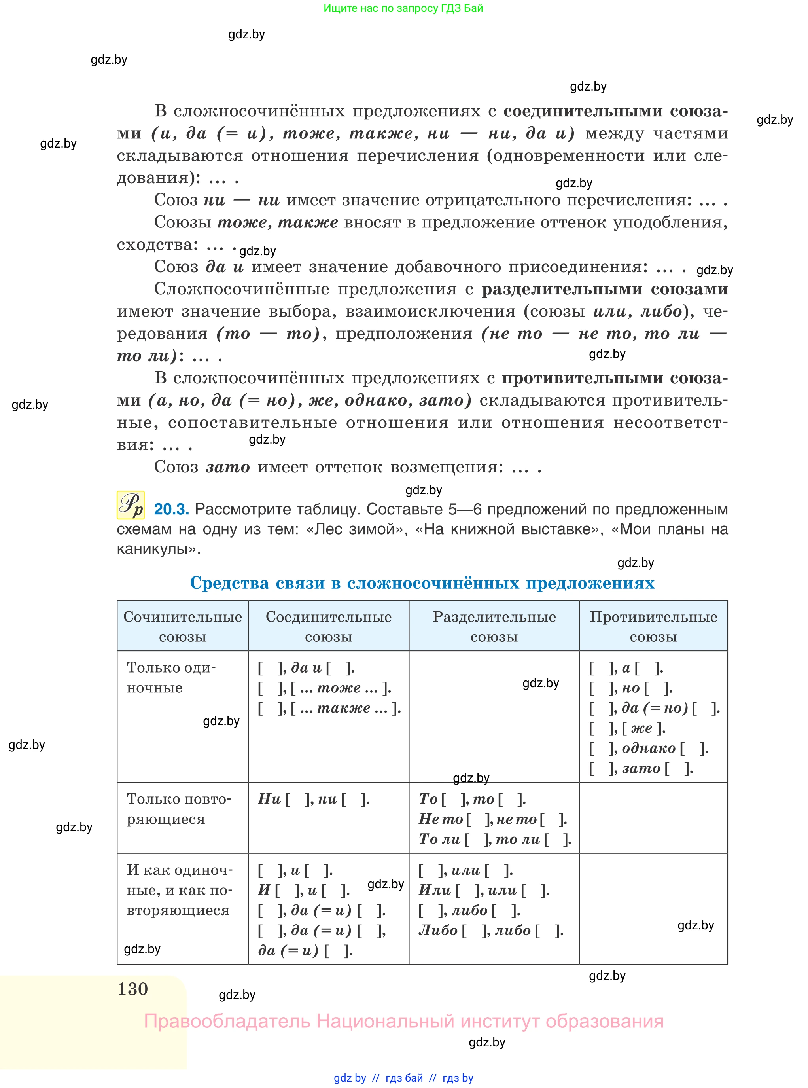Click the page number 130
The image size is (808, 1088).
132,989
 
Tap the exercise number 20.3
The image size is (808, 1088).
171,509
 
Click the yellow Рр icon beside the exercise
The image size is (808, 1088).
131,505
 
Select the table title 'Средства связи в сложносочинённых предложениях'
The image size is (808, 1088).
422,583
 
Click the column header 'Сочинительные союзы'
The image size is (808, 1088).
182,626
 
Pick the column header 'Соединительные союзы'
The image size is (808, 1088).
328,626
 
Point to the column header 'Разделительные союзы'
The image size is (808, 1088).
494,626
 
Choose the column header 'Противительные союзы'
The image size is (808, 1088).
653,626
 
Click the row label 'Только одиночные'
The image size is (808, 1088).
171,678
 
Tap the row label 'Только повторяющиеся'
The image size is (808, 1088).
178,809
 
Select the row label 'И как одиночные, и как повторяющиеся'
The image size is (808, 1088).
179,890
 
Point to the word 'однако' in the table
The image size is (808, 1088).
649,749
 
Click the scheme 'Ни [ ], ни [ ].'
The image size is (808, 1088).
314,799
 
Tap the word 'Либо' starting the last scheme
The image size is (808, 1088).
438,931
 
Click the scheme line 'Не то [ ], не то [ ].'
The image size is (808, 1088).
492,819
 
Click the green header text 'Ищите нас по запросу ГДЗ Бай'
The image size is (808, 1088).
403,8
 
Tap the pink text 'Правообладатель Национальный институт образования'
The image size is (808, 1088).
403,1022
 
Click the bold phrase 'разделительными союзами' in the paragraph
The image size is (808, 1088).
605,289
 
